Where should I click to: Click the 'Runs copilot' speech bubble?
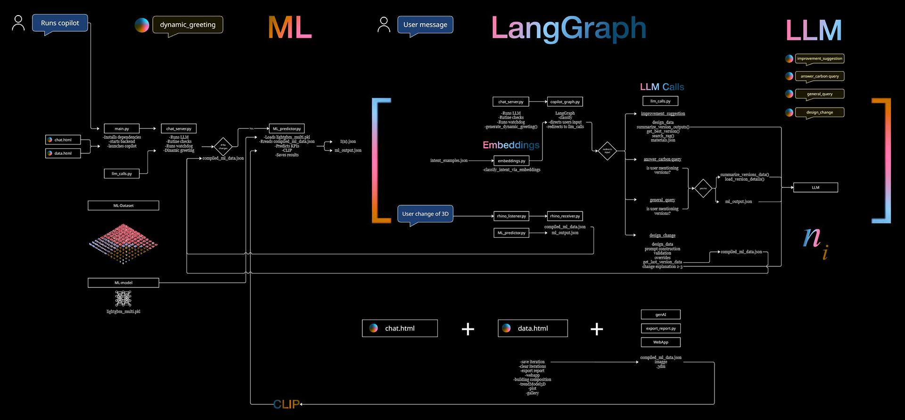point(60,23)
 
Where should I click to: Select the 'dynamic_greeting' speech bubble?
point(188,25)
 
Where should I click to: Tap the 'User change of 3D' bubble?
point(425,214)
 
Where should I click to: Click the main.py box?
point(122,128)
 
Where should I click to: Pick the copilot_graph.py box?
point(565,101)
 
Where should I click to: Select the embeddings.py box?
point(511,161)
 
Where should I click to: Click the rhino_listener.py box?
point(511,216)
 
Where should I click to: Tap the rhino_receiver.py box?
point(565,216)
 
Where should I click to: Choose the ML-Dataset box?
point(123,205)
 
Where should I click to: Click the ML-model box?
point(123,283)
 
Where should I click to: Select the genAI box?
point(660,314)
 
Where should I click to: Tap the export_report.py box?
point(660,328)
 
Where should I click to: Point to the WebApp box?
point(660,342)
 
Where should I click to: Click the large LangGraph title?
point(568,28)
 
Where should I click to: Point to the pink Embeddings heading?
point(511,145)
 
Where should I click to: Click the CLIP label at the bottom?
point(286,404)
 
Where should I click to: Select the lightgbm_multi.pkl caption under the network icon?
point(123,311)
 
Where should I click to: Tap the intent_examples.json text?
point(449,160)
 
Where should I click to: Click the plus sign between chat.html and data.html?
point(468,329)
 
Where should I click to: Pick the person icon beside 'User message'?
point(384,25)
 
